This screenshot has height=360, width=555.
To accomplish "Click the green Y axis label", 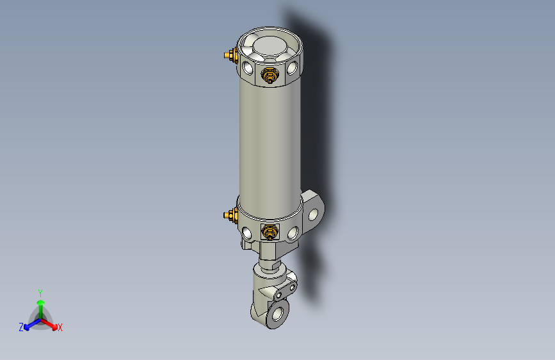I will (40, 292).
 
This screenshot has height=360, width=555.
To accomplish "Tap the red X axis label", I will (60, 328).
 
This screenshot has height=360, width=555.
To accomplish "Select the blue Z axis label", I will (21, 327).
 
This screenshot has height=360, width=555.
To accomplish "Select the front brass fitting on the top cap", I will (269, 76).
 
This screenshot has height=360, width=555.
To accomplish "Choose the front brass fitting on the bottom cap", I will (269, 232).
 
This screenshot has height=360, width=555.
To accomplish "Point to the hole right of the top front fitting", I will (293, 66).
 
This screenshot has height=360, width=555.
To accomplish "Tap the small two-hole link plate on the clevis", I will (285, 292).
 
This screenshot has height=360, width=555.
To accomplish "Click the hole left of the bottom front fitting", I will (248, 231).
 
